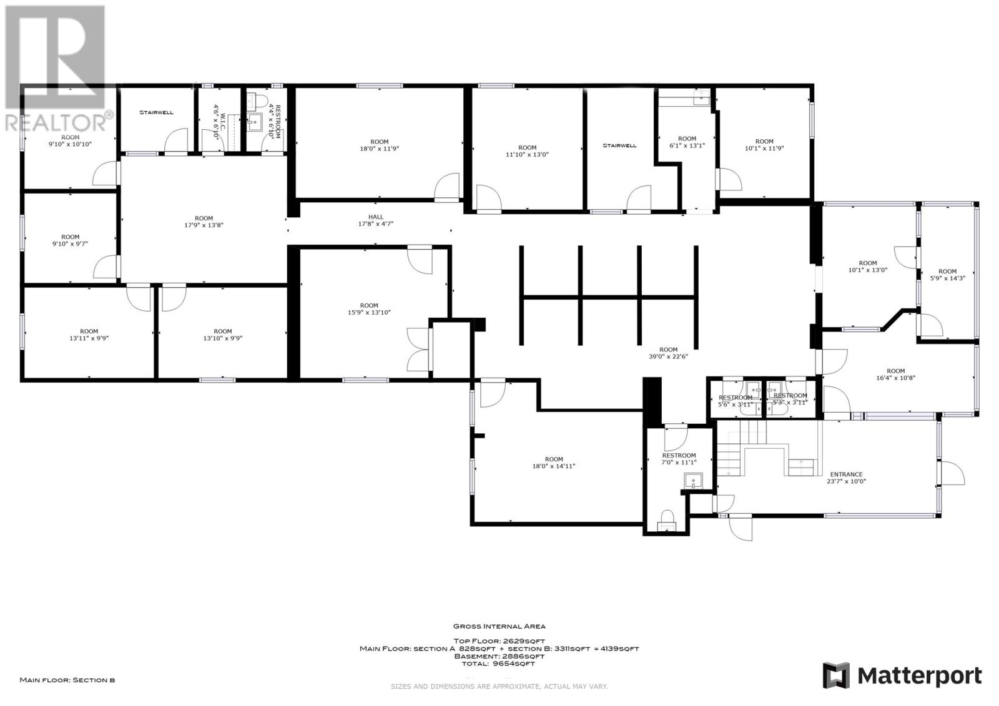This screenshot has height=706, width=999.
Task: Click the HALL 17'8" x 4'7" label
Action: pyautogui.click(x=375, y=220)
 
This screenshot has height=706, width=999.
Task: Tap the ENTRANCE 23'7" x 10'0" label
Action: pyautogui.click(x=846, y=478)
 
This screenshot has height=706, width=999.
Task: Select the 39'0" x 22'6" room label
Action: pyautogui.click(x=668, y=353)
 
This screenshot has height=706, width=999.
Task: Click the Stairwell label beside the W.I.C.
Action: pyautogui.click(x=156, y=112)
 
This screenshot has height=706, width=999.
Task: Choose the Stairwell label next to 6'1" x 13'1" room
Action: pyautogui.click(x=619, y=145)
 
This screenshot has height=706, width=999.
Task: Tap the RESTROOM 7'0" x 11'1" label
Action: pyautogui.click(x=679, y=459)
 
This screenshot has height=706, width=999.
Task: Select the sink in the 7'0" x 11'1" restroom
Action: pyautogui.click(x=694, y=481)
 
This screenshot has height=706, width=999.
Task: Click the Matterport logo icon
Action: pyautogui.click(x=836, y=675)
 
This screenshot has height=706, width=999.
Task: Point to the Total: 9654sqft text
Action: pyautogui.click(x=499, y=664)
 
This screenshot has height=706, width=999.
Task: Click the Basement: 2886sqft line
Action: pyautogui.click(x=499, y=656)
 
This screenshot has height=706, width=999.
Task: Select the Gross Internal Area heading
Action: pyautogui.click(x=499, y=626)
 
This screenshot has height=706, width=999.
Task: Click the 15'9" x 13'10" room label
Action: pyautogui.click(x=369, y=309)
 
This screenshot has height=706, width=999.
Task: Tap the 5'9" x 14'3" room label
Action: pyautogui.click(x=947, y=275)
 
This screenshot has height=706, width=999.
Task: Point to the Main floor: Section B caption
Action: pyautogui.click(x=67, y=680)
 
